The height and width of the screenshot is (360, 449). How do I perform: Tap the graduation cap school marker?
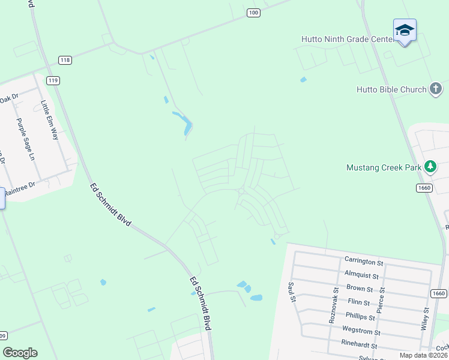pos(405,30)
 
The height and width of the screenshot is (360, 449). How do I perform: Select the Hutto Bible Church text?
pos(391,89)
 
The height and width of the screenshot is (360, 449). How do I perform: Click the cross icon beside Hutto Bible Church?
pos(436,89)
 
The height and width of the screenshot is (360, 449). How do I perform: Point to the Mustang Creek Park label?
pos(384,167)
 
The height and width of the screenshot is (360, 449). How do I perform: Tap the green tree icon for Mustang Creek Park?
pos(430,166)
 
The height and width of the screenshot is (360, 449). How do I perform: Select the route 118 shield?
pos(65,60)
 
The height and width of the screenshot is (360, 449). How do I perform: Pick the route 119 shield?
pos(54,80)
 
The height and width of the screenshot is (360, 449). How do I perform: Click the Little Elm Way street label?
pos(49,119)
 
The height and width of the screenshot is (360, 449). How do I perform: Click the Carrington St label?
pos(364,262)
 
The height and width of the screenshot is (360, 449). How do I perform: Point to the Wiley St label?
pos(425,319)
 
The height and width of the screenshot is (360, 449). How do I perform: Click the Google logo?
pos(20,353)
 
